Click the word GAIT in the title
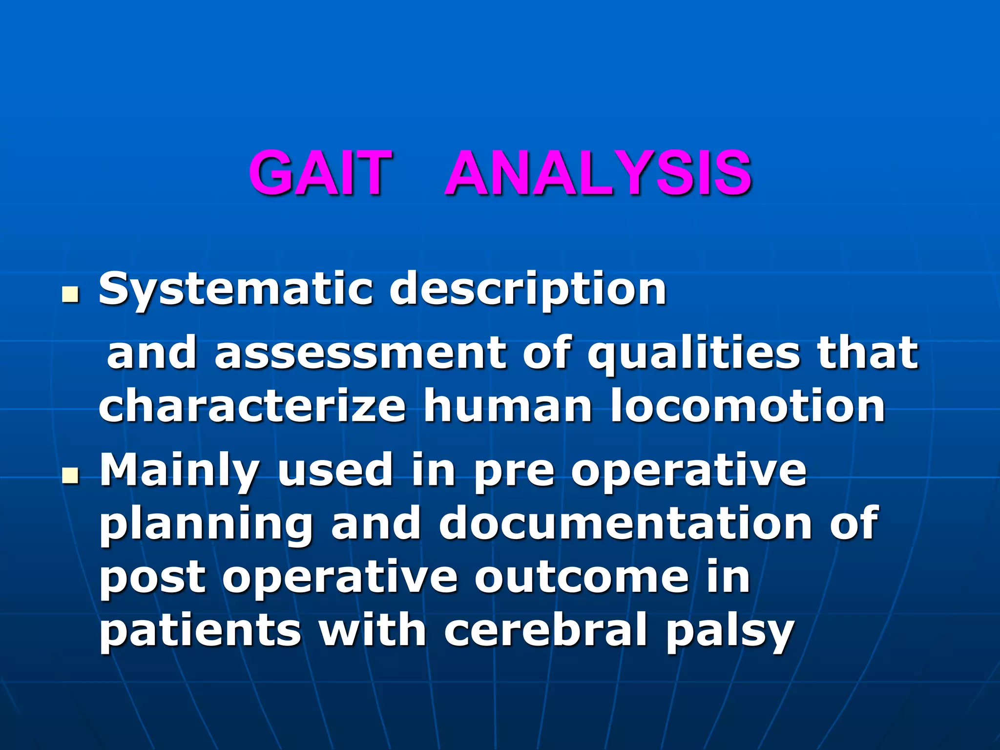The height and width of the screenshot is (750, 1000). click(x=321, y=173)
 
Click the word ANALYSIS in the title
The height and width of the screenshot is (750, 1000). click(x=599, y=173)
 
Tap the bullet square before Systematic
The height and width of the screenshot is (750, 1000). click(x=71, y=294)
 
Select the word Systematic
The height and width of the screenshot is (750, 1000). click(x=234, y=290)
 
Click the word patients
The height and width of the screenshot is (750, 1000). click(x=200, y=631)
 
